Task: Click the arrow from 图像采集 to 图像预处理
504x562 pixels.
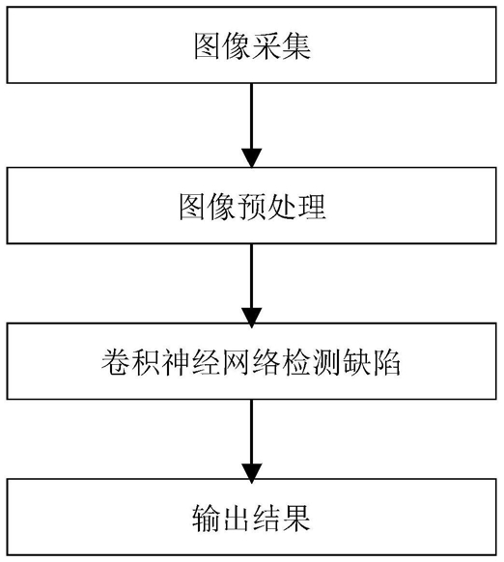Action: [252, 126]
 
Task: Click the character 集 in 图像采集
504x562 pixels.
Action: [296, 46]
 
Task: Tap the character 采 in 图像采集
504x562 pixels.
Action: [266, 46]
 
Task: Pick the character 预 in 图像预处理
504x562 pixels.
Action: [252, 207]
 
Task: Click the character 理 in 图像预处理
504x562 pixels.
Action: [311, 207]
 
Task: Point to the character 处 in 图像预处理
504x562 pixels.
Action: [281, 207]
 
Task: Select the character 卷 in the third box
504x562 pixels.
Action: [116, 362]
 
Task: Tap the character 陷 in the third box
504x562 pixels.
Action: [386, 362]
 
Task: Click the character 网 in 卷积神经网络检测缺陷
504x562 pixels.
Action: [237, 362]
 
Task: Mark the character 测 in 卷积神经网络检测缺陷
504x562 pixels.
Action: [326, 362]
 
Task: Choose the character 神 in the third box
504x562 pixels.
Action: [177, 362]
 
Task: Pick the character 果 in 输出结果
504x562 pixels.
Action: [296, 519]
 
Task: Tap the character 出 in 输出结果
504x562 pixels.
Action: [237, 519]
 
